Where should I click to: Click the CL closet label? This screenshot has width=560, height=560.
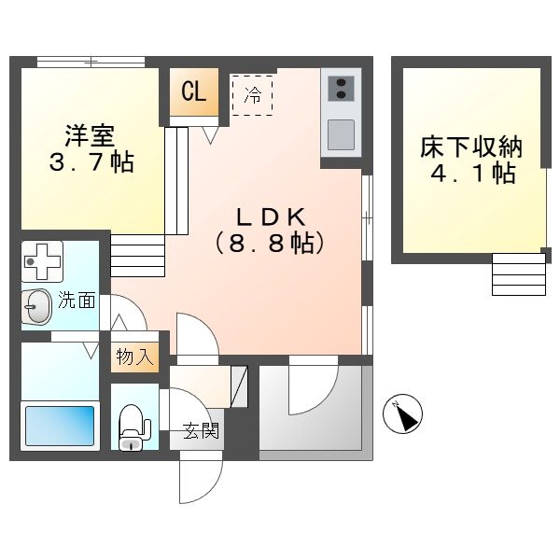coord(194,91)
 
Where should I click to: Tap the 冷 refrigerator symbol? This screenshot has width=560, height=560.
coord(252,94)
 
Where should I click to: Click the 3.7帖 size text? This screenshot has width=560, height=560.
coord(90,163)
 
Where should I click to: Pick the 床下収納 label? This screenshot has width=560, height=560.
coord(469,147)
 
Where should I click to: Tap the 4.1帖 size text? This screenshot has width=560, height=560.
coord(469,175)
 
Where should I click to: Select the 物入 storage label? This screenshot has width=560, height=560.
coord(134,357)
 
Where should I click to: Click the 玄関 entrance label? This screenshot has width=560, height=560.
coord(200,431)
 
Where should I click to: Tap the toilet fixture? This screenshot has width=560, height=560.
coord(134,427)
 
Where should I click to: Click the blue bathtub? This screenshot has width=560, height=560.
coord(60,427)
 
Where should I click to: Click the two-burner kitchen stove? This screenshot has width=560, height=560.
coord(341,87)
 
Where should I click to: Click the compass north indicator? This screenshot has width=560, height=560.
coord(403,413)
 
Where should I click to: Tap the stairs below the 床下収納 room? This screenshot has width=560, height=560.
coord(518,273)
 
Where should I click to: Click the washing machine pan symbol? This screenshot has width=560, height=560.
coord(41,261)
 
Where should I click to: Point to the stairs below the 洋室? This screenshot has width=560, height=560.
coord(137,255)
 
